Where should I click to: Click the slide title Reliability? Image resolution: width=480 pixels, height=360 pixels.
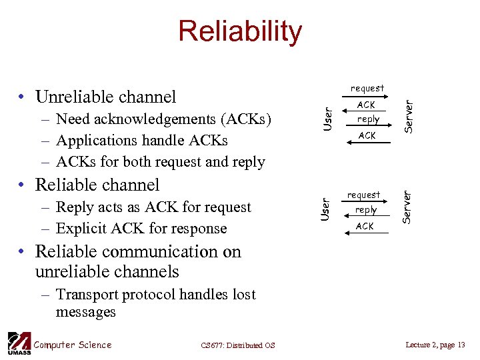(x=239, y=31)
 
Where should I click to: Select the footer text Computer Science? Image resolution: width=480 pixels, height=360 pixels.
(x=73, y=345)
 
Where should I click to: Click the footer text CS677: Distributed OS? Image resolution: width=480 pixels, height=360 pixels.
(x=237, y=345)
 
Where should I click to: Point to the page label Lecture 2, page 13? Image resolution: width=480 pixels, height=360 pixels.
(x=435, y=344)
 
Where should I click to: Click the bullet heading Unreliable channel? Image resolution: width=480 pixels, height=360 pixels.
(x=105, y=97)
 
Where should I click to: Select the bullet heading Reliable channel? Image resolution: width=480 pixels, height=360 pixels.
(x=97, y=185)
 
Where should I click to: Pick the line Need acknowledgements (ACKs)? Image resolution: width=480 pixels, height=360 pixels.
(x=164, y=119)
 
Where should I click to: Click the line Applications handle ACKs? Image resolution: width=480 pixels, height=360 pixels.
(x=142, y=141)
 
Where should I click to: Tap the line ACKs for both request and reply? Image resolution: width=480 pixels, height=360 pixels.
(x=161, y=162)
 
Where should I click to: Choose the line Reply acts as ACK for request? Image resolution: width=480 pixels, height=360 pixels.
(x=153, y=207)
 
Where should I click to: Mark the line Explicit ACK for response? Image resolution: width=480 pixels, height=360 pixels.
(x=141, y=229)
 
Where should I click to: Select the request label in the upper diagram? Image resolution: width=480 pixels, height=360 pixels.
(x=367, y=88)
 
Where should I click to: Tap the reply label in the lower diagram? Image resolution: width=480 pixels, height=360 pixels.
(x=366, y=210)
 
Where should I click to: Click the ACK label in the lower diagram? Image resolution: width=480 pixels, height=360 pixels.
(x=365, y=227)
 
